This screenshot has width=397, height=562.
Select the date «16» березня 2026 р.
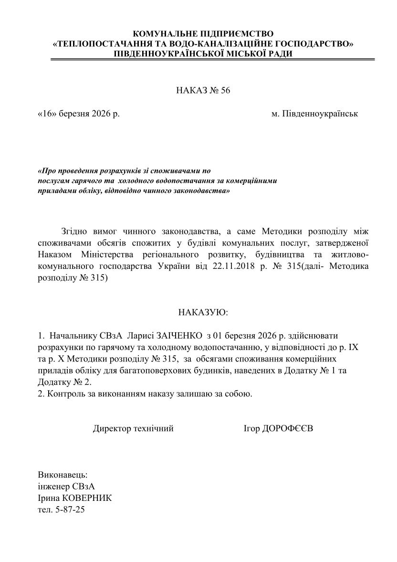pyautogui.click(x=78, y=115)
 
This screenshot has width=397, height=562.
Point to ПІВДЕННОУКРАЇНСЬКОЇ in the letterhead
pyautogui.click(x=167, y=53)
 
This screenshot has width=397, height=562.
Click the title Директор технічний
pyautogui.click(x=133, y=428)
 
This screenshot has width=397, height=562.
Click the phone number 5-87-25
pyautogui.click(x=69, y=509)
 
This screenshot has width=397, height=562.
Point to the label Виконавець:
pyautogui.click(x=63, y=475)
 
